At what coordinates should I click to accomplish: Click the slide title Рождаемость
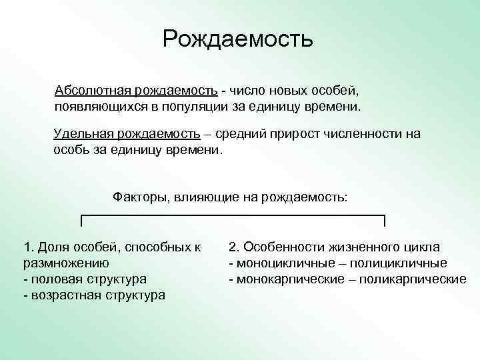pos(237,39)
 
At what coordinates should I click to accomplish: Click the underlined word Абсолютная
pos(93,90)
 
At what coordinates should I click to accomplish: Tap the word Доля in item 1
pos(52,247)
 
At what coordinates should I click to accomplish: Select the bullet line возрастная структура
pos(94,295)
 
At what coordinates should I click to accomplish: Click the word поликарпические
pos(413,279)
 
